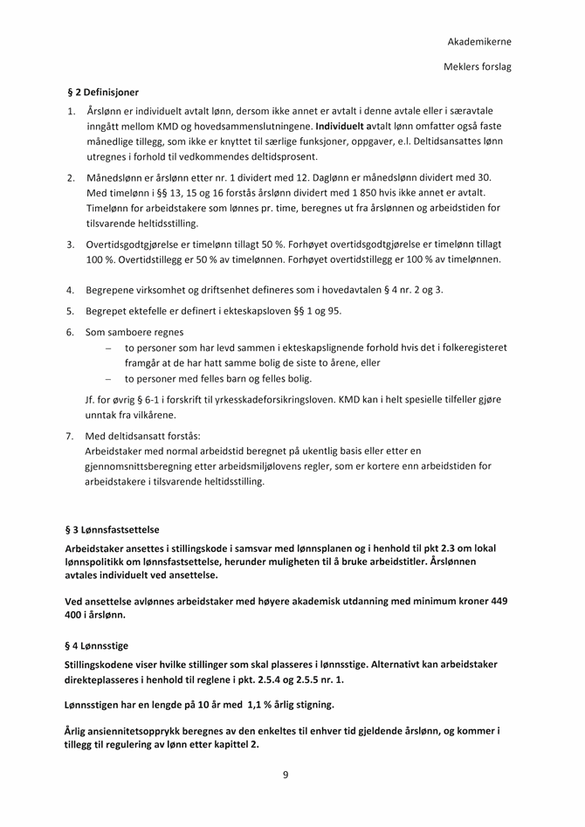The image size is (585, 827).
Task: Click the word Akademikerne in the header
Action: tap(479, 41)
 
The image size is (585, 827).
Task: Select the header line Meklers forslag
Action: tap(477, 66)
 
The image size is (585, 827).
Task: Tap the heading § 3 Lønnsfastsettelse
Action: tap(113, 529)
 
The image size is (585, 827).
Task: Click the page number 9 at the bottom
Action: tap(286, 775)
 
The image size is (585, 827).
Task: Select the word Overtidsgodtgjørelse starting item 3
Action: tap(137, 245)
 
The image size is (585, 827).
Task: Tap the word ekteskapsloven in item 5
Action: tap(257, 310)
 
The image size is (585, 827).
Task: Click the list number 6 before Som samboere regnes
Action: tap(70, 332)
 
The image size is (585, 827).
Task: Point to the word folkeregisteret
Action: tap(468, 347)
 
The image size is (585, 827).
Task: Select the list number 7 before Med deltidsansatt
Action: tap(70, 435)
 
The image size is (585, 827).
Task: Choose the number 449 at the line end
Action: tap(497, 601)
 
